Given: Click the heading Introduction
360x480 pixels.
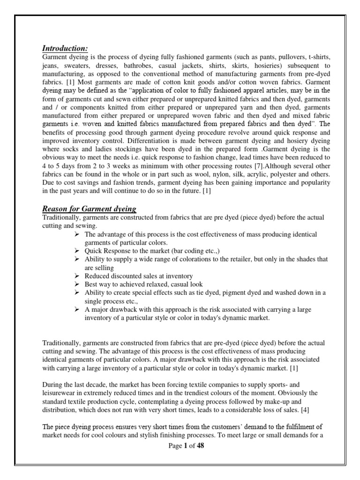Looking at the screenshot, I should [65, 48].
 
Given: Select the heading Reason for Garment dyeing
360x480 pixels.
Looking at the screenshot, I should [89, 209].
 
